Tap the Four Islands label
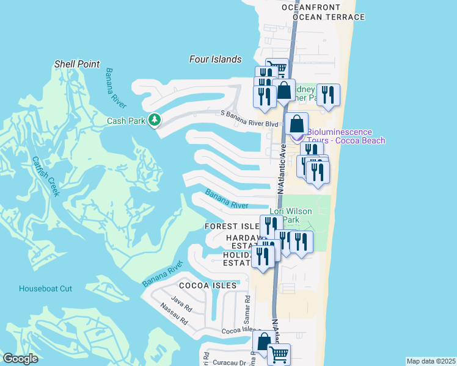[216, 59]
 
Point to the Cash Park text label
[126, 121]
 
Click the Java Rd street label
[181, 300]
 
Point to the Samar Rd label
[247, 309]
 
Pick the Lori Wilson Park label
[291, 216]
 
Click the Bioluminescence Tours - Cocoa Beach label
[346, 136]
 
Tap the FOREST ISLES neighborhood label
[232, 226]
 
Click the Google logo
[20, 359]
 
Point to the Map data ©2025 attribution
[431, 361]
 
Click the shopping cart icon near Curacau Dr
[279, 353]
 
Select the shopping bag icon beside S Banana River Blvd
[296, 124]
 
